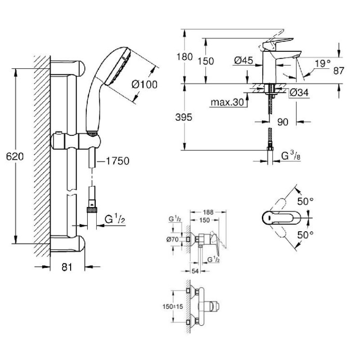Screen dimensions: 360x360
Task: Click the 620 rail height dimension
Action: coord(15,157)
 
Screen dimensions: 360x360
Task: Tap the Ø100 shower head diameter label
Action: coord(144,85)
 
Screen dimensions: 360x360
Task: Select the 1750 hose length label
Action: coord(117,161)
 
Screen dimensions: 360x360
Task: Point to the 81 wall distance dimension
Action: coord(67,267)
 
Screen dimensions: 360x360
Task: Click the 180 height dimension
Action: coord(184,57)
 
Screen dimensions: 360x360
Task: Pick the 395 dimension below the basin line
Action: coord(184,117)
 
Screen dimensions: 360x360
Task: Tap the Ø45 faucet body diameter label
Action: coord(243,61)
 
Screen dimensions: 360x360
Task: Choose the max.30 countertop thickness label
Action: coord(227,102)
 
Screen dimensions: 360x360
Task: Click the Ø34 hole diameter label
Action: coord(299,93)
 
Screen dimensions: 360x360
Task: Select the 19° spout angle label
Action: coord(323,63)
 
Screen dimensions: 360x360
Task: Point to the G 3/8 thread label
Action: coord(291,156)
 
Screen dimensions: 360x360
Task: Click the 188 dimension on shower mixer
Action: coord(208,212)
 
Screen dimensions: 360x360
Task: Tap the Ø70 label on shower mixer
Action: coord(172,239)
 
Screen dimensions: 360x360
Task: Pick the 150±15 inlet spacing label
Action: coord(173,306)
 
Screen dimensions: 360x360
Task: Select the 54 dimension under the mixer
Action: coord(195,271)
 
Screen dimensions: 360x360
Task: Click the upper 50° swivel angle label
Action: coord(306,201)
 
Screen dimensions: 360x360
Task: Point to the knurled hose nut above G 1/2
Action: coord(92,210)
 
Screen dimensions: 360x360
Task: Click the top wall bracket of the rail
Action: coord(68,68)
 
